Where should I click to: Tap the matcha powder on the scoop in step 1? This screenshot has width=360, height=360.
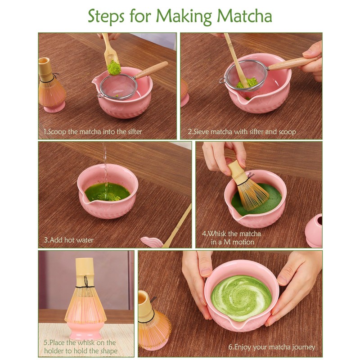pyautogui.click(x=114, y=67)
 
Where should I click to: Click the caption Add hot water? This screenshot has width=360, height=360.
pyautogui.click(x=68, y=240)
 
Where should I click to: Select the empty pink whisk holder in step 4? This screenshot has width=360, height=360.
pyautogui.click(x=314, y=230)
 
